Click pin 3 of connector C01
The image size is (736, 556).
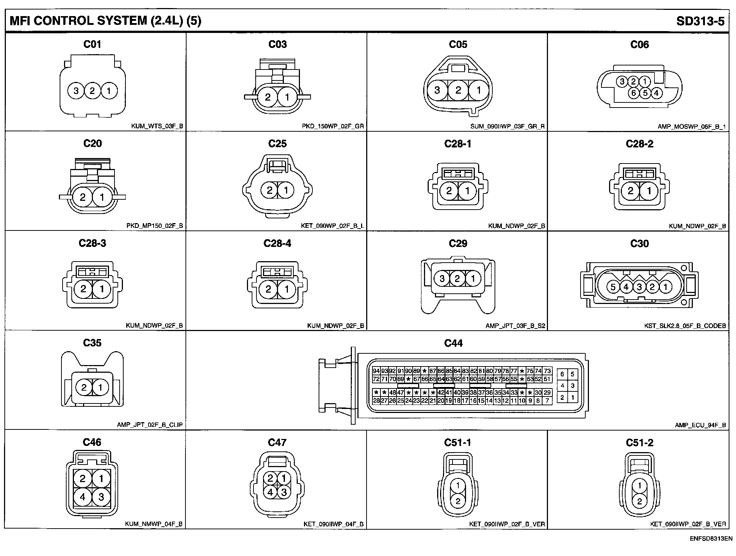coord(76,91)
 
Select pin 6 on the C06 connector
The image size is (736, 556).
coord(634,93)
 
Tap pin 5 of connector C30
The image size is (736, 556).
coord(613,287)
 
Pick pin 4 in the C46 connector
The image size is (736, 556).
coord(83,497)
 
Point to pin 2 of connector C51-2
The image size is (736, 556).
coord(639,501)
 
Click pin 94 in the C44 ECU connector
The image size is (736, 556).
coord(376,371)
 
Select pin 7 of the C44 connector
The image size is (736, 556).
coord(547,401)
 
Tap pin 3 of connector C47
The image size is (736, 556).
coord(284,492)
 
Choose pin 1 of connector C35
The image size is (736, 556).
coord(100,387)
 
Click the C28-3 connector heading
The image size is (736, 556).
coord(93,243)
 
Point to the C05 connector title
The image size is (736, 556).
coord(458,44)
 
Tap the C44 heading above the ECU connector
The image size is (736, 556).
coord(453,343)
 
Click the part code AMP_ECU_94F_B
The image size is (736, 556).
coord(700,425)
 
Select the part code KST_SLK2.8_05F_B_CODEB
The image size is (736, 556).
coord(685,326)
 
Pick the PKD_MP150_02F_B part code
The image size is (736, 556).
coord(154,226)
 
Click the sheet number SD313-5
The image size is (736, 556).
coord(700,21)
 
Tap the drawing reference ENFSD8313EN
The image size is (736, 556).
coord(711,538)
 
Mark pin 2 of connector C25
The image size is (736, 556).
coord(270,190)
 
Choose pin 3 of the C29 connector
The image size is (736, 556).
coord(442,279)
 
